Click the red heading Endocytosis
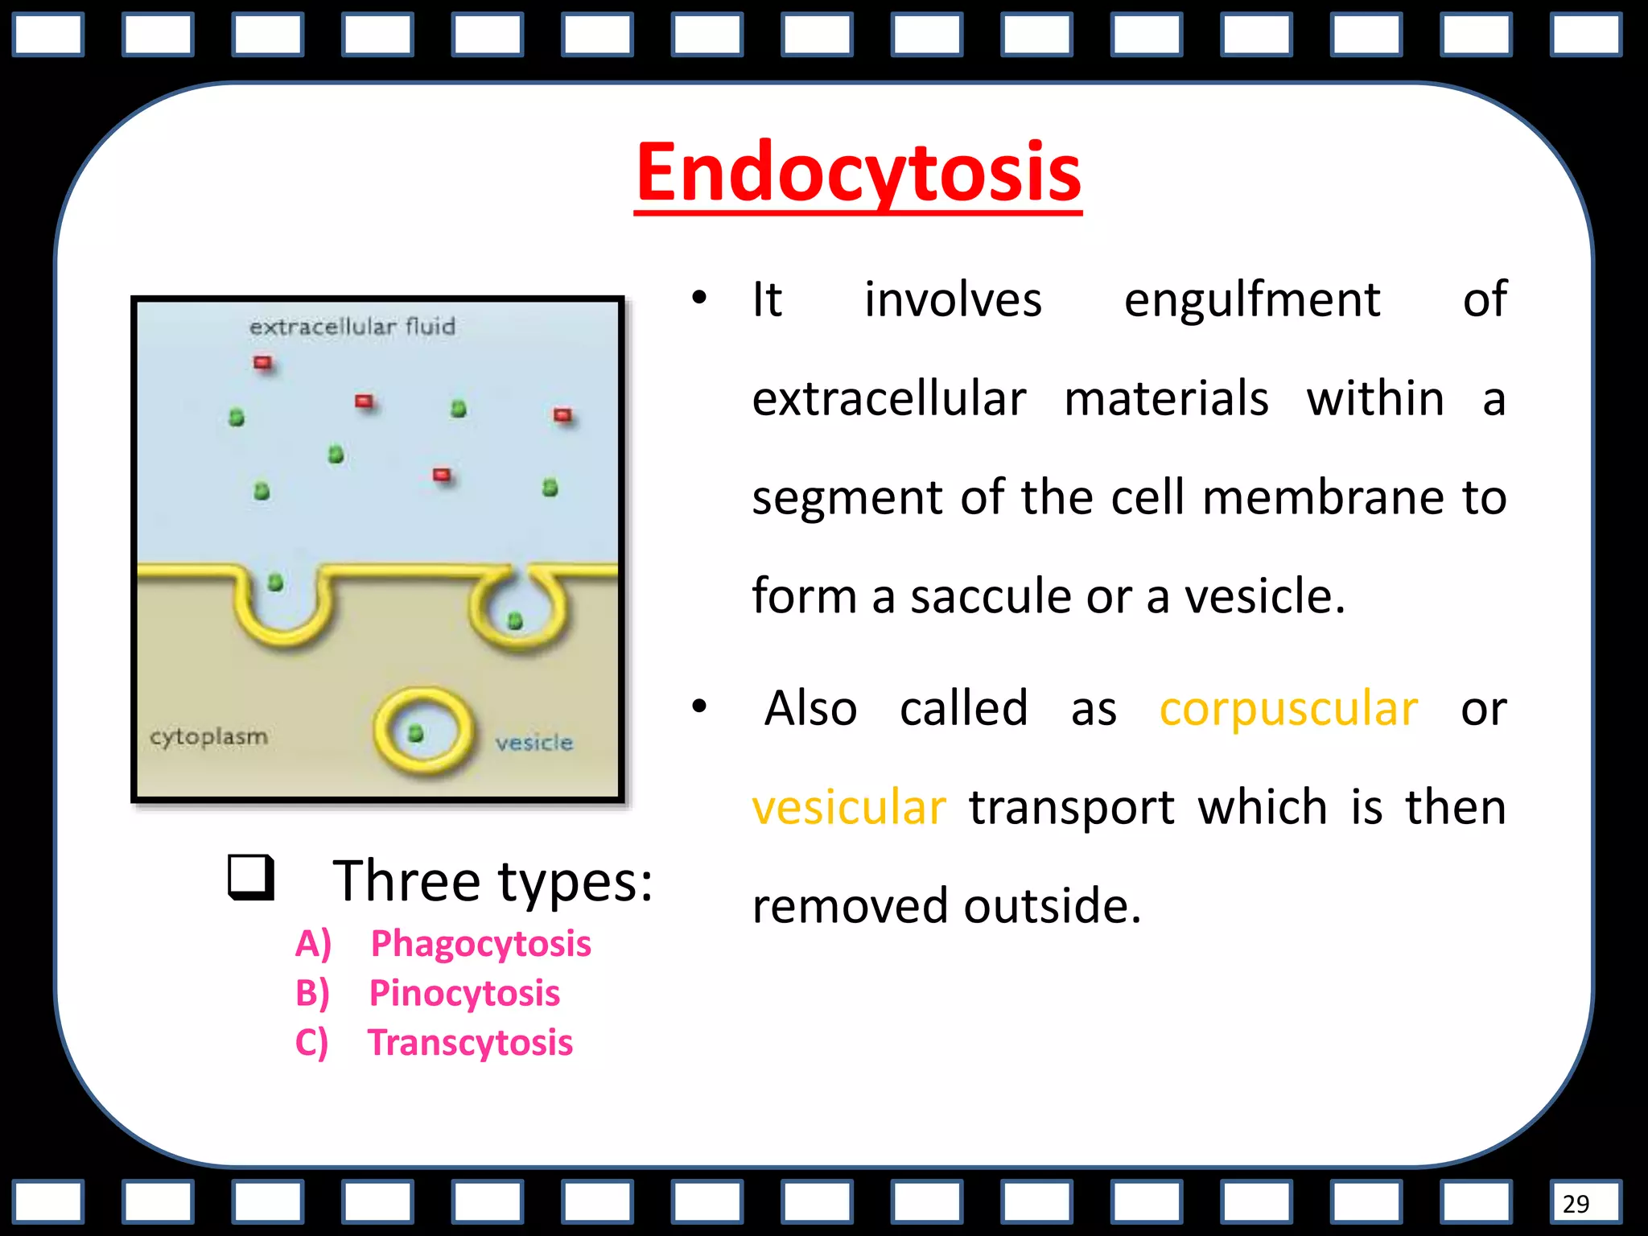coord(858,173)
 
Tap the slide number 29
coord(1576,1204)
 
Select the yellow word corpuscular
coord(1288,709)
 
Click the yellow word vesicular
coord(849,808)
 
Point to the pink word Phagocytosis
coord(480,944)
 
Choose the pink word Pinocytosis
coord(464,994)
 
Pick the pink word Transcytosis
coord(470,1043)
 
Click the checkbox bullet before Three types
coord(251,878)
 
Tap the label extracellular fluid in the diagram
coord(352,327)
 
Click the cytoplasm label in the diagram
coord(208,736)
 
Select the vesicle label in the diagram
coord(534,742)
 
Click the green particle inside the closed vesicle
coord(416,733)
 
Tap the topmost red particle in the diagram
coord(262,363)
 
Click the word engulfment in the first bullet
coord(1251,300)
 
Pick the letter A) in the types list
coord(313,944)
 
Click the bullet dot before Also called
coord(699,707)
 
